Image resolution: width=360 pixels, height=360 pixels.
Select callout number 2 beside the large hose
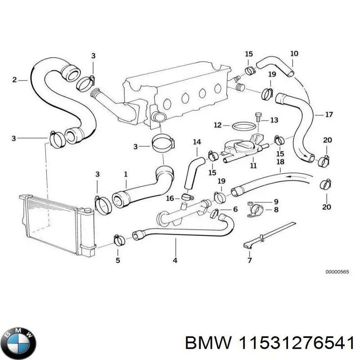[14, 80]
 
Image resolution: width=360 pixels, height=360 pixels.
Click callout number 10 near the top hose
[294, 54]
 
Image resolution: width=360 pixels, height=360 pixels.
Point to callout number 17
[329, 115]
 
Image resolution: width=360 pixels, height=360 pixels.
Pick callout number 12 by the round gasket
[217, 125]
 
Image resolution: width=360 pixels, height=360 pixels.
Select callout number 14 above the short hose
[197, 142]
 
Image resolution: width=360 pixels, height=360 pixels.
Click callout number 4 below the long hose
[175, 260]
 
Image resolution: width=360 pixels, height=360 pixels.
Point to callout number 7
[250, 260]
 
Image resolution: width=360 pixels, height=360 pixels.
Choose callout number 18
[280, 162]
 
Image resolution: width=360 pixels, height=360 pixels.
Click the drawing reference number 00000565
[337, 272]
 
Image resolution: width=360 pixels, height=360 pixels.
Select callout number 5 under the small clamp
[118, 260]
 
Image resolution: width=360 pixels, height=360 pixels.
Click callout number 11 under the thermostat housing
[253, 166]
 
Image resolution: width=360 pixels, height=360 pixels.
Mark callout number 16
[170, 198]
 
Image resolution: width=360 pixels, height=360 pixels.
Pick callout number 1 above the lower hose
[126, 173]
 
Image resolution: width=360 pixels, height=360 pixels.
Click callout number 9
[276, 201]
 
